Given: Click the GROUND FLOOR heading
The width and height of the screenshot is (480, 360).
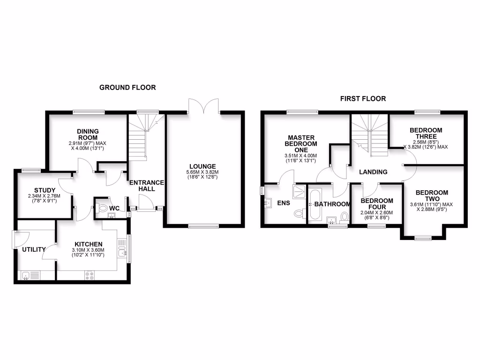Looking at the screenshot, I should pos(127,88).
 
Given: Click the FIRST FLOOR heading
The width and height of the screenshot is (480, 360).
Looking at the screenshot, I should pos(363,98).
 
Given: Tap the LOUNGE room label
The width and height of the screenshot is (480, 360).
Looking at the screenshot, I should pos(202,166).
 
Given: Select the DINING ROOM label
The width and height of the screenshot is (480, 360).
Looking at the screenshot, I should pos(88,134).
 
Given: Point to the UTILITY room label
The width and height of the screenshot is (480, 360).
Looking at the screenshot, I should pos(34,249).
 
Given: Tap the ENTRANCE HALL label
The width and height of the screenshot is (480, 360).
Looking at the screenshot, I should pos(146,186).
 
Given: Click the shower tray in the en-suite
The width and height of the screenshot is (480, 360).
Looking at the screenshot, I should pos(298,190).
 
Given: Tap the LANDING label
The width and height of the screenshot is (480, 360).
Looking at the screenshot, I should pos(373,172).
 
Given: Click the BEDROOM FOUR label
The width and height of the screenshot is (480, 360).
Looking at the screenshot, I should pos(376,204).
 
